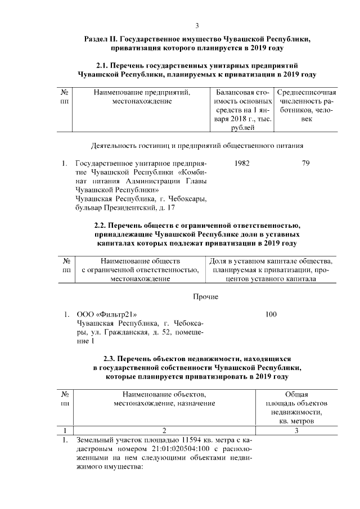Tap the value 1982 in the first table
241,163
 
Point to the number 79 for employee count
306,163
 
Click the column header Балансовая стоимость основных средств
242,110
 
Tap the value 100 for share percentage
272,314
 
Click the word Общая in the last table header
296,394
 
